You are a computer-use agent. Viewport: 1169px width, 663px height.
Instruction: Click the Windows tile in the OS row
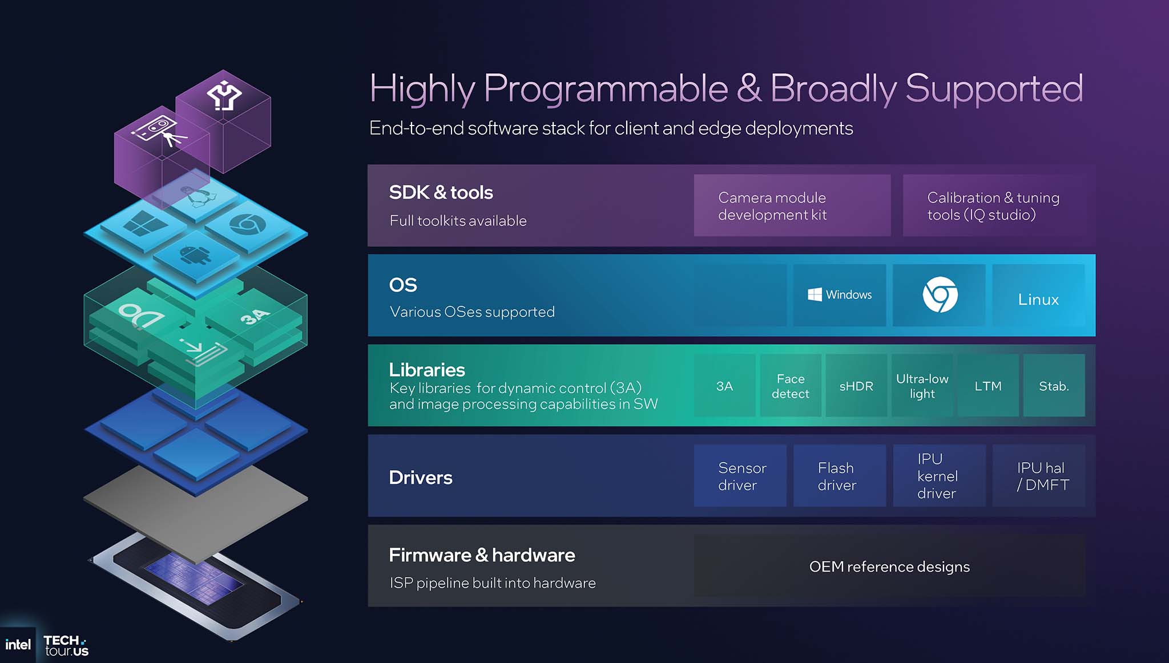(x=839, y=295)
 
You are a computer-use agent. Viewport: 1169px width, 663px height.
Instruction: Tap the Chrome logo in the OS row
(x=940, y=294)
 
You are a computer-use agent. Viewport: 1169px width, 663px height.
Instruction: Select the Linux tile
(x=1038, y=295)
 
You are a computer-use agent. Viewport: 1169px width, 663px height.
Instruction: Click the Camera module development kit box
(x=792, y=205)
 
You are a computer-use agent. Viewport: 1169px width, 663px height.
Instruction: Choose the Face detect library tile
(x=791, y=386)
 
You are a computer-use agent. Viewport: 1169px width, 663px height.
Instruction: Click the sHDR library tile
(x=856, y=386)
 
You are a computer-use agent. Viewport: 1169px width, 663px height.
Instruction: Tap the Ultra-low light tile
(x=922, y=386)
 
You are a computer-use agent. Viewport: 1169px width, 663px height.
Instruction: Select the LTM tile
(x=988, y=386)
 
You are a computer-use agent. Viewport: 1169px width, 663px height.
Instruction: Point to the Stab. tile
(x=1054, y=386)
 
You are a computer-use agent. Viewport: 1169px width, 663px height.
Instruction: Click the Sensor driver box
(x=740, y=476)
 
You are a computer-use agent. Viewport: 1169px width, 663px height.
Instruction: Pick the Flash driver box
(x=840, y=476)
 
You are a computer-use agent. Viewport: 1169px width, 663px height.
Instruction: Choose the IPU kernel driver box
(x=940, y=476)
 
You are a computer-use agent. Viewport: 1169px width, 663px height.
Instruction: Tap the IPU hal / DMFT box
(x=1039, y=476)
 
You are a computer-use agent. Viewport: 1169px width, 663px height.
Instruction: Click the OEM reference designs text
(x=889, y=567)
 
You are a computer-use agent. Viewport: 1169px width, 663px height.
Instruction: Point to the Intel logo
(x=18, y=645)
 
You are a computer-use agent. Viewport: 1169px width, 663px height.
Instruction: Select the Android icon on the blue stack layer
(x=195, y=254)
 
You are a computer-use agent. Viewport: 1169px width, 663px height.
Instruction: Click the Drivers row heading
(x=421, y=478)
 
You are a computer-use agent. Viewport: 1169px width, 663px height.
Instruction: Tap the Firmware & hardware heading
(x=482, y=555)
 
